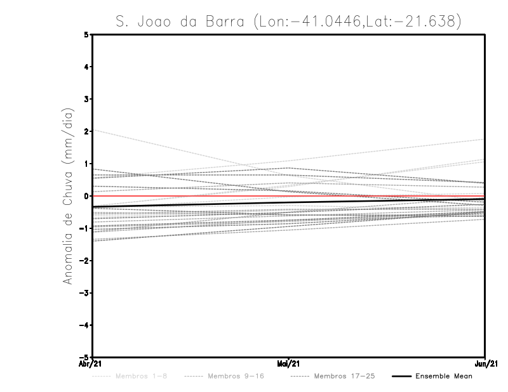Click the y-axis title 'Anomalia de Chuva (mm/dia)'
[68, 197]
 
